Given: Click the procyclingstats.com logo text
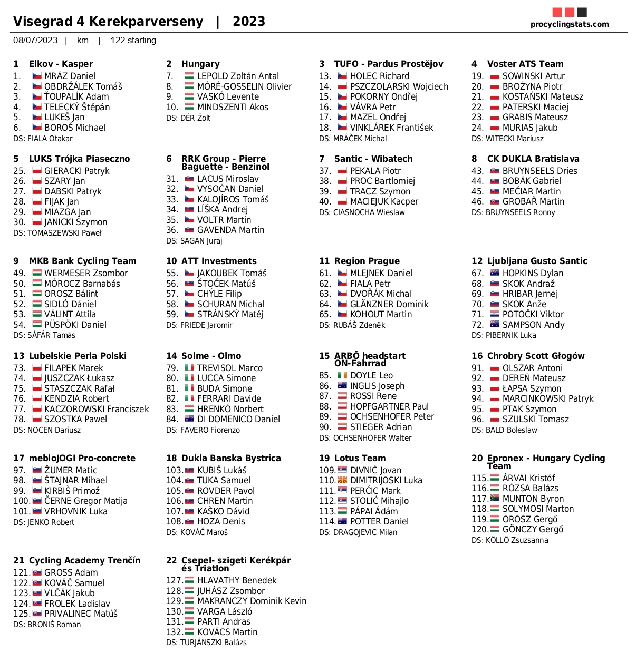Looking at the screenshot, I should (570, 24).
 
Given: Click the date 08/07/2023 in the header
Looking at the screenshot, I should (35, 41).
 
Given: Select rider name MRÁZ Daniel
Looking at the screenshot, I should (70, 76).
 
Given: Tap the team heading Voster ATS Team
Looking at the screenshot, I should (525, 64).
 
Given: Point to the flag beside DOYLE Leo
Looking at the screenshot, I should (342, 375).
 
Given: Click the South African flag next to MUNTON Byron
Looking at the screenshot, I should (495, 498).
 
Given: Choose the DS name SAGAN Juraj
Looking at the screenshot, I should (194, 241).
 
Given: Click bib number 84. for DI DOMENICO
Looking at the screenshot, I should (172, 419).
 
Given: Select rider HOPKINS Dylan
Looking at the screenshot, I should (533, 273).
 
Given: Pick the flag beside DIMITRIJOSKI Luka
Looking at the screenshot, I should (342, 480).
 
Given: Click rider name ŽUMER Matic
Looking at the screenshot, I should (71, 470).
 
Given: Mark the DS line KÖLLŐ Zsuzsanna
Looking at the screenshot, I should (509, 540).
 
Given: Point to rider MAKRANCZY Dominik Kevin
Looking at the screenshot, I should (252, 601).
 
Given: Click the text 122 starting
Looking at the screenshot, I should (133, 41).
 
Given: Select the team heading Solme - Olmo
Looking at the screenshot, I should (211, 356).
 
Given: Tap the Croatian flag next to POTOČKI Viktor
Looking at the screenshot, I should (495, 314).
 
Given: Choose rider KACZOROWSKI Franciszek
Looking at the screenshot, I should (97, 409).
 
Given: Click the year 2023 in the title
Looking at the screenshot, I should (249, 21).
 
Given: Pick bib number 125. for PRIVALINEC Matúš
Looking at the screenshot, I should (21, 614).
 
